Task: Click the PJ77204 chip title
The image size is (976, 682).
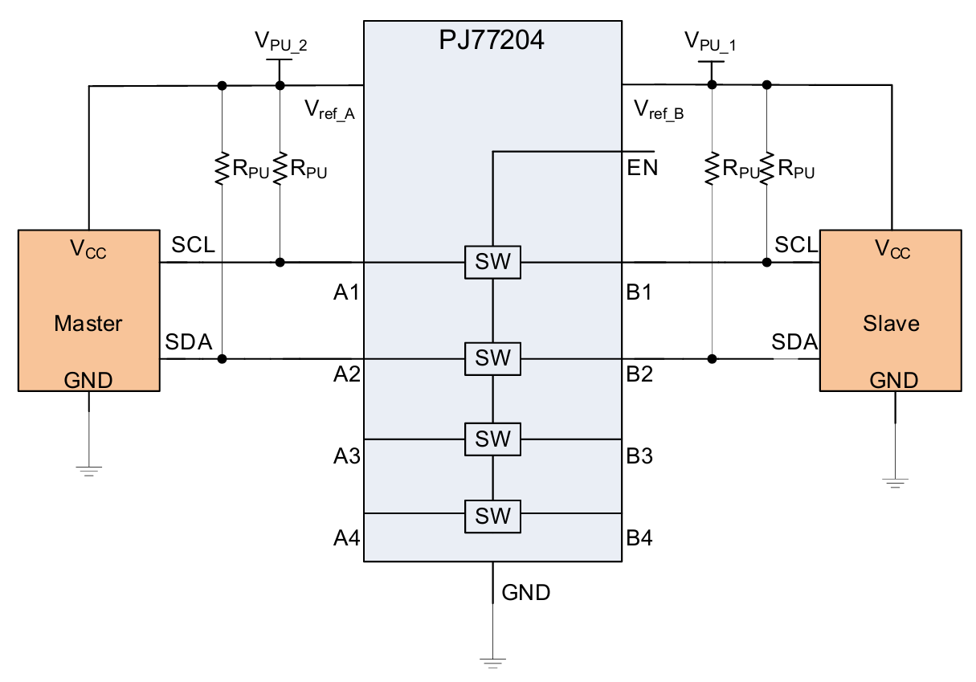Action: pos(492,39)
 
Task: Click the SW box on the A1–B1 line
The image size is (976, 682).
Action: pos(492,262)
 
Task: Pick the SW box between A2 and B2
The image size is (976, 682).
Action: pos(492,358)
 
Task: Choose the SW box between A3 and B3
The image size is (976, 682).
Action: pos(492,439)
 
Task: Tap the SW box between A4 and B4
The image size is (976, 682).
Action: pos(492,517)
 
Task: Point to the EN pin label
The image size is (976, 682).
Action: pos(643,169)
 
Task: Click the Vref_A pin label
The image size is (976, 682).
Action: pos(329,110)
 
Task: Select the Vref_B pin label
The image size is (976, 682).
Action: pos(659,110)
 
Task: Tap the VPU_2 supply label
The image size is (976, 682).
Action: pos(281,41)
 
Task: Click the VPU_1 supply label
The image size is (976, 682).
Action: pos(710,41)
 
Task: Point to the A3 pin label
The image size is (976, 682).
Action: pos(346,456)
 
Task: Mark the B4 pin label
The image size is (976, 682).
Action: pos(639,537)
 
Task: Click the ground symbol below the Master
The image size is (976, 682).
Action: pos(88,470)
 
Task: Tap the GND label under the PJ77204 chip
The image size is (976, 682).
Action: pos(526,594)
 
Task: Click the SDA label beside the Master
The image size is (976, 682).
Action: pos(189,342)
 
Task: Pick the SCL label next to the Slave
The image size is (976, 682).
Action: pos(796,245)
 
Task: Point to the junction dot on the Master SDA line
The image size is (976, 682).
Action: pos(222,358)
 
